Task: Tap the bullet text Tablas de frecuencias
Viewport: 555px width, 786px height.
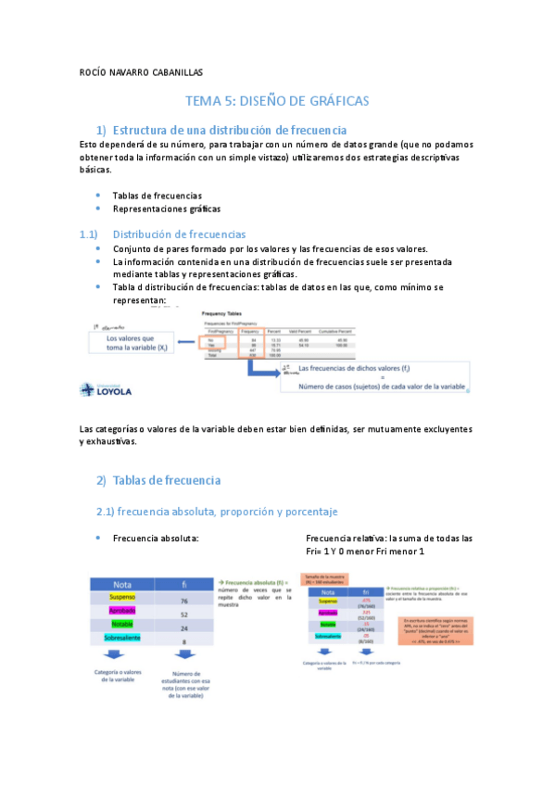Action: pos(158,196)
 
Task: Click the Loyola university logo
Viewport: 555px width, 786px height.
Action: pos(106,390)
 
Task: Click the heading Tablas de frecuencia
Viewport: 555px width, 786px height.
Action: pos(166,480)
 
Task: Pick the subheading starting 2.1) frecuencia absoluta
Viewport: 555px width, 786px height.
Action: pos(217,512)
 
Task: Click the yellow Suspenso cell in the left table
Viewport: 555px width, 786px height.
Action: pos(122,599)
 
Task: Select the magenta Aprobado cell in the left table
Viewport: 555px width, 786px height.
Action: pos(122,614)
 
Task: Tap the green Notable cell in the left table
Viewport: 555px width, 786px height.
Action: pos(122,628)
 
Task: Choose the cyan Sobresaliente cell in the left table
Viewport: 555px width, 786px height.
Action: pos(122,641)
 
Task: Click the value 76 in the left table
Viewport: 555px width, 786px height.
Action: pos(184,601)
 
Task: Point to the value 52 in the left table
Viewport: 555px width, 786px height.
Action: pos(184,615)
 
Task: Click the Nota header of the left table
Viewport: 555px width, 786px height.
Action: pos(122,585)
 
